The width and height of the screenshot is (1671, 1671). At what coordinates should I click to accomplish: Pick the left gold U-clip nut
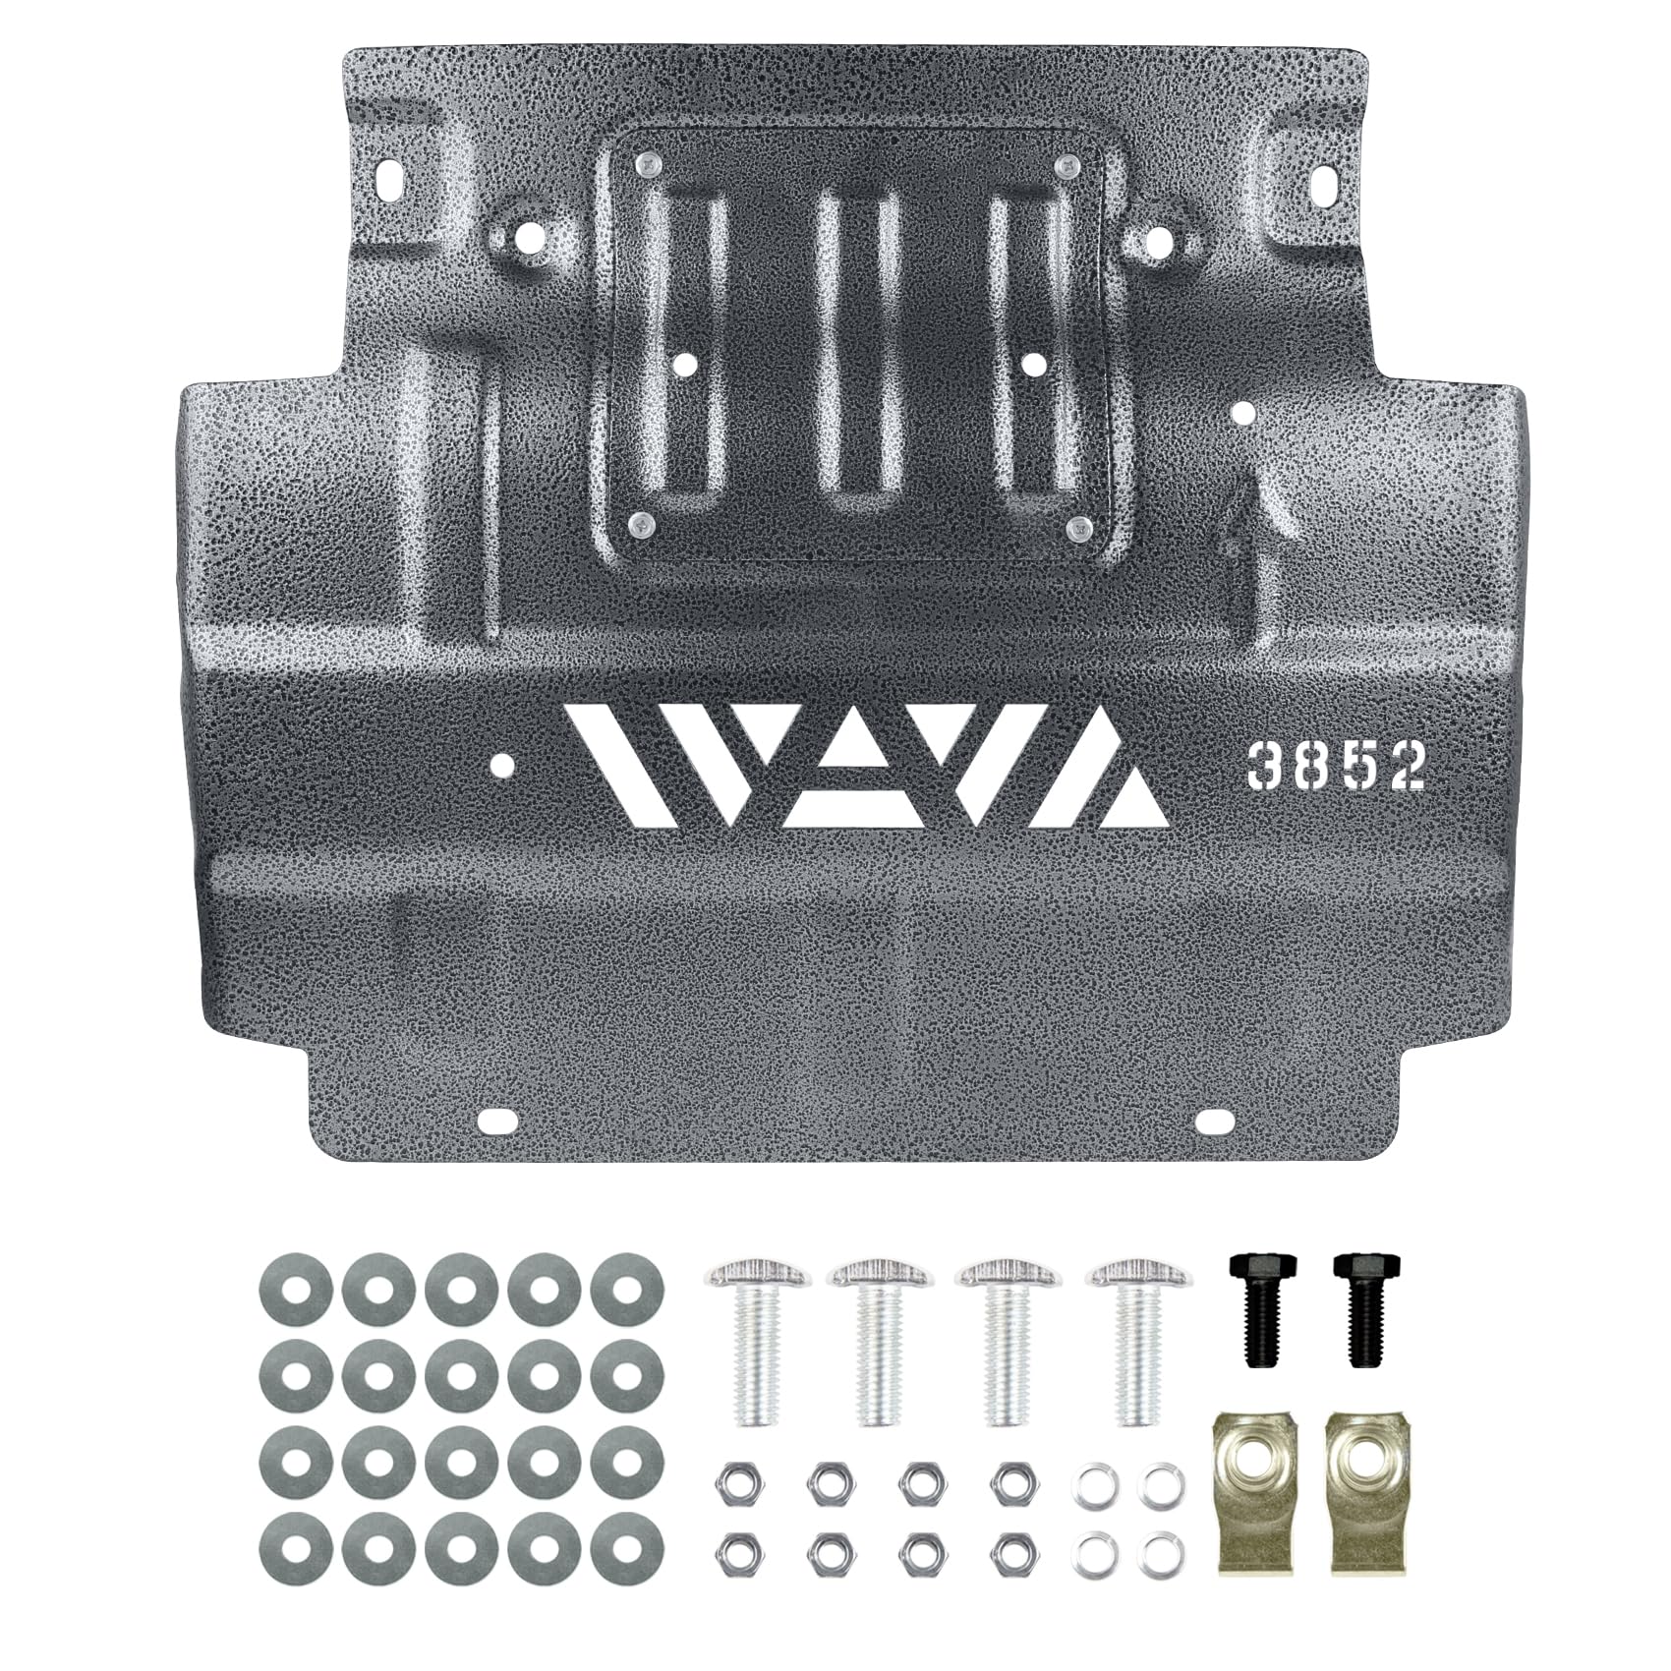coord(1251,1468)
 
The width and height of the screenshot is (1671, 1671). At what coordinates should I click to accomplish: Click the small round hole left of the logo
coord(503,764)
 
